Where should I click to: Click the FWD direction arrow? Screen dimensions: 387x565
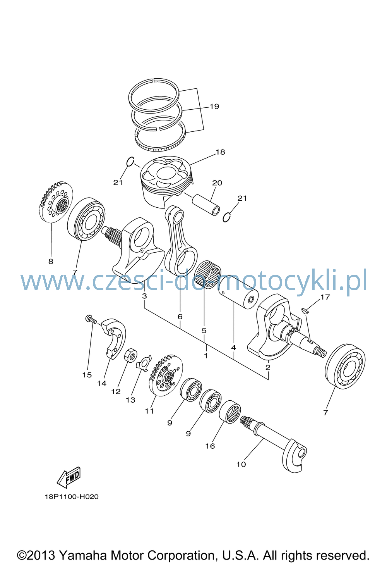[x=69, y=477]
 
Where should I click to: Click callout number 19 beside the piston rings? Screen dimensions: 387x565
[x=214, y=107]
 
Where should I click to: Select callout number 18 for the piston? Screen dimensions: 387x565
[x=220, y=152]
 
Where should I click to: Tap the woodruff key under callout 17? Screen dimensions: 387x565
[x=305, y=310]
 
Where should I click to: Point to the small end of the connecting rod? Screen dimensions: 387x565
[x=175, y=215]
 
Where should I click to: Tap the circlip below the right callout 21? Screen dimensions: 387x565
[x=226, y=217]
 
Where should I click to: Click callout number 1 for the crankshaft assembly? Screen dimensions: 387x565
[x=206, y=356]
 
